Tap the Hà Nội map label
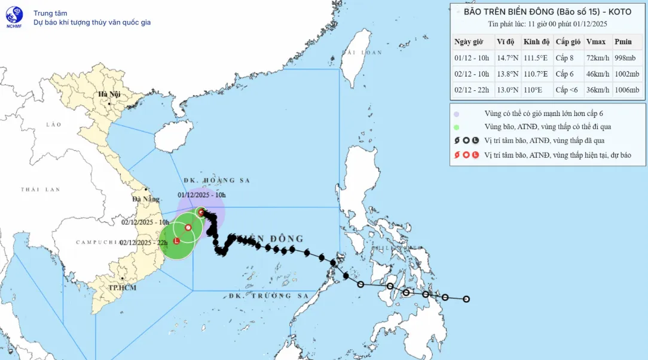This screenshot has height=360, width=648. (110, 94)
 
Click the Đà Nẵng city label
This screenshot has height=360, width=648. (146, 199)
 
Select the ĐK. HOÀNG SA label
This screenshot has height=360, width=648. (216, 180)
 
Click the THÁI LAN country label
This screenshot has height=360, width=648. (41, 190)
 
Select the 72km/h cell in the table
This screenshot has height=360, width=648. (597, 58)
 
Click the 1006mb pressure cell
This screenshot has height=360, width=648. (626, 90)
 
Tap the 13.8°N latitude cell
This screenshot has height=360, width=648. (506, 74)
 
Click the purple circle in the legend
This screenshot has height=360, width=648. (457, 114)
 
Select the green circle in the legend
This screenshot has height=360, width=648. (457, 127)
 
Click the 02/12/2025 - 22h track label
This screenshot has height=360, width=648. (143, 242)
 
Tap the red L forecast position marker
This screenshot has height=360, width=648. (176, 241)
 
